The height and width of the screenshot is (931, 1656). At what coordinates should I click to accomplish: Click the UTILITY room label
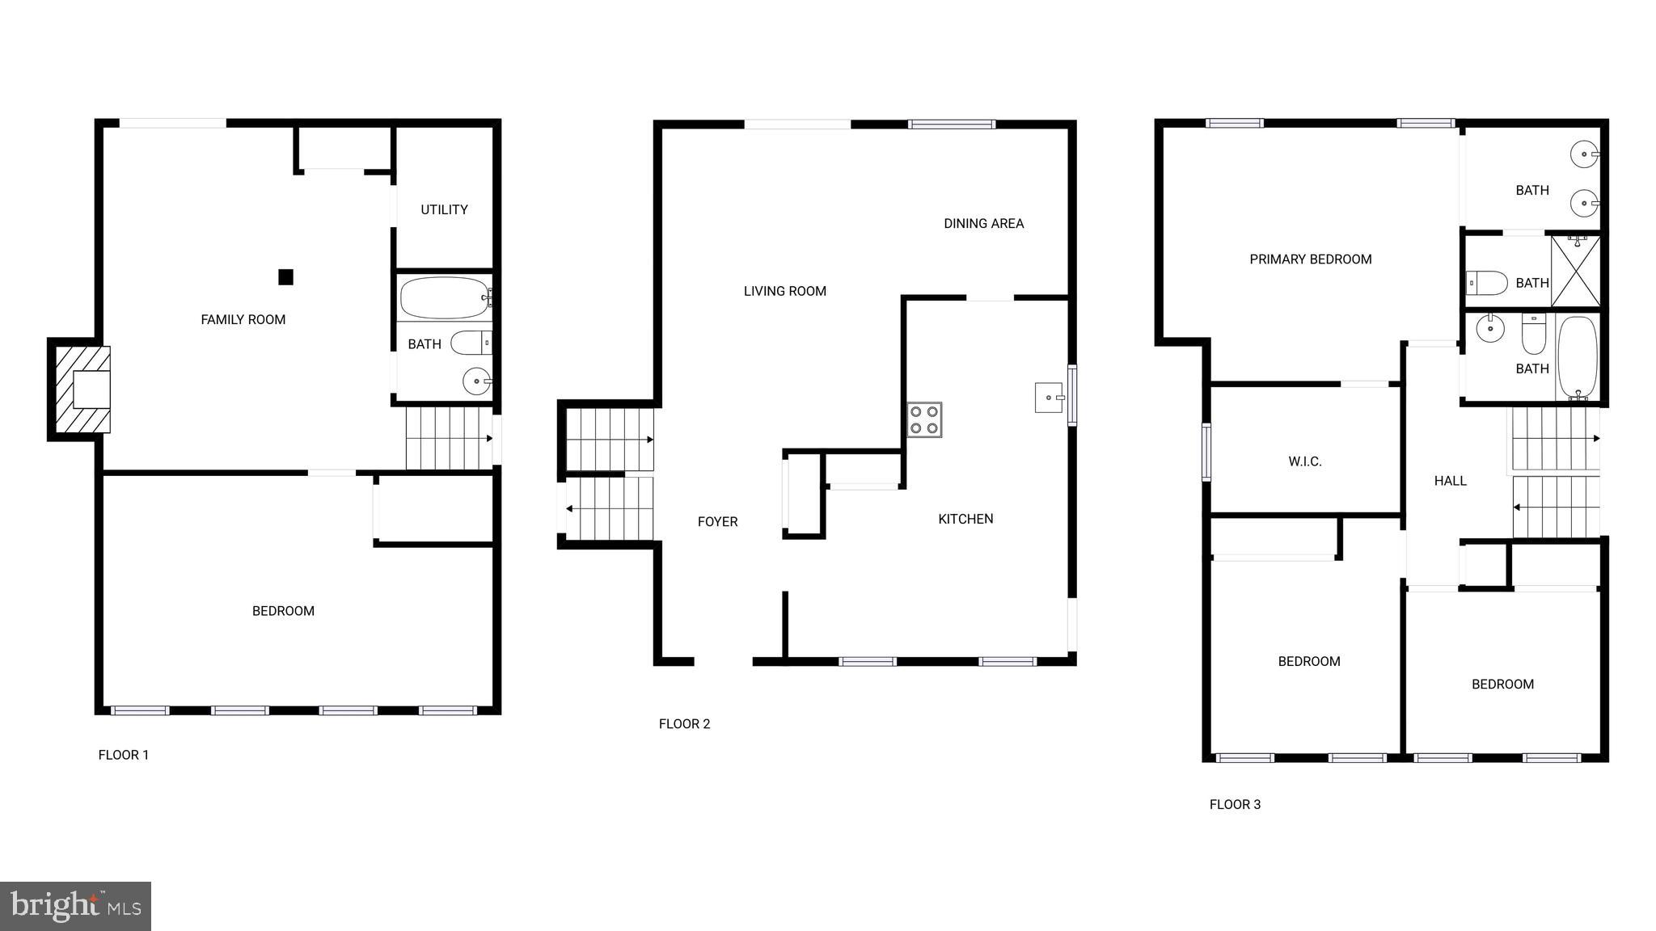[x=444, y=210]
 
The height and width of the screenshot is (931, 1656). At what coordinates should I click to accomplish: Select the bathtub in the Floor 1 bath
[x=444, y=298]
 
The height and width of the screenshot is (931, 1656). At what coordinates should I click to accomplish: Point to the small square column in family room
[x=285, y=277]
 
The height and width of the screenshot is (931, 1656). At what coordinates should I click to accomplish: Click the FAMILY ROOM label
[x=243, y=320]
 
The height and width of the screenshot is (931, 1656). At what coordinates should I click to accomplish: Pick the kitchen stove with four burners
[x=924, y=419]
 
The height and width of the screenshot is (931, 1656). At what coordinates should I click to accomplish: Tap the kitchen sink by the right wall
[x=1049, y=398]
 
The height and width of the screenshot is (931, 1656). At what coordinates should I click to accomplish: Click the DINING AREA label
[x=983, y=224]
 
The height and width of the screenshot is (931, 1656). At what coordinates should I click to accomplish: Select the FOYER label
[x=717, y=522]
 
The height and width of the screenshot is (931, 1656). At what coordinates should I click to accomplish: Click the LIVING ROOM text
[x=784, y=292]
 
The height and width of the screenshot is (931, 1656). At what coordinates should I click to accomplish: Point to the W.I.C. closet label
[x=1304, y=462]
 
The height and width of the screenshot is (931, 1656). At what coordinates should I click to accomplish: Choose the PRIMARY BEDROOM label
[x=1310, y=259]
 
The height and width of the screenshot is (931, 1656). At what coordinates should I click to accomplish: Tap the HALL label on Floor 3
[x=1450, y=482]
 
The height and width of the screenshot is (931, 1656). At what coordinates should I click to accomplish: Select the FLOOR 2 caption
[x=684, y=724]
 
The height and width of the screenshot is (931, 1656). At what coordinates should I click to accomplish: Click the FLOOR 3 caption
[x=1235, y=805]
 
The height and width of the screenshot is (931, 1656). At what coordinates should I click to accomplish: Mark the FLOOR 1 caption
[x=124, y=756]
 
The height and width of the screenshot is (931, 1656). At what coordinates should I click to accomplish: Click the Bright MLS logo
[x=75, y=906]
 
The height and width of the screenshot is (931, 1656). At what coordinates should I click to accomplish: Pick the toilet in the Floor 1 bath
[x=471, y=343]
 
